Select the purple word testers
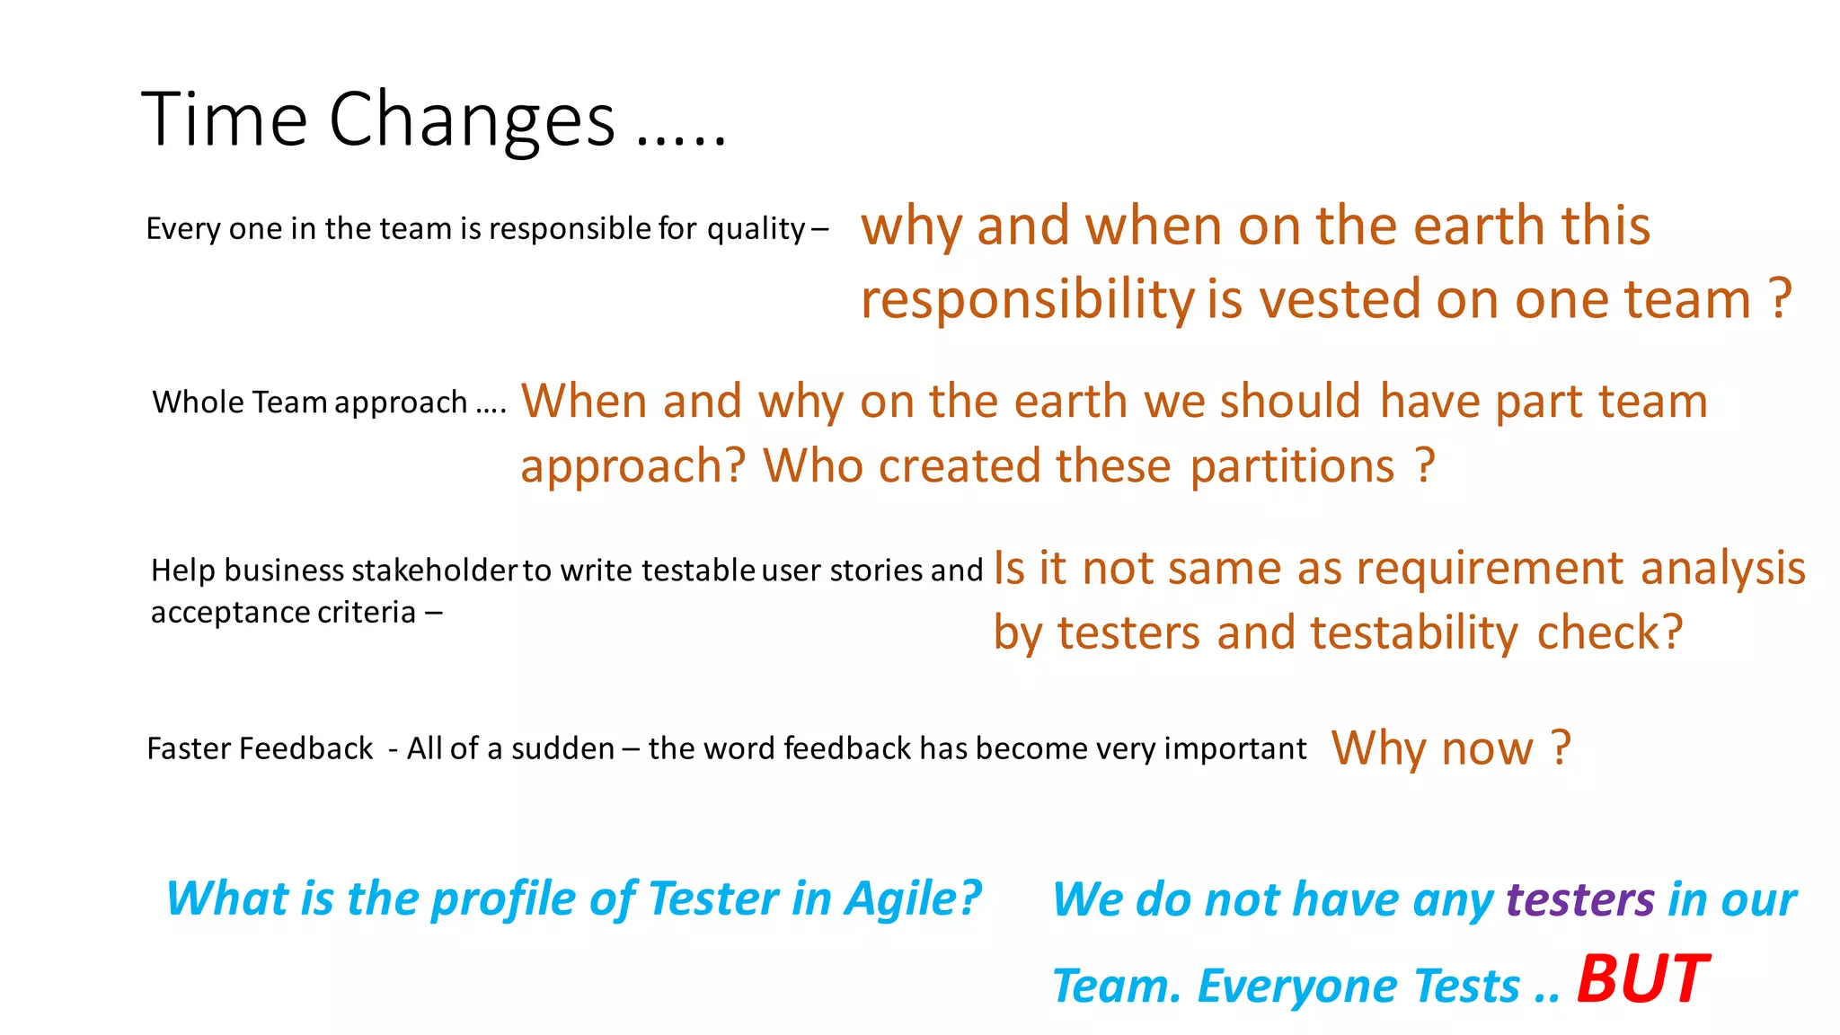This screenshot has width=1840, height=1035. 1579,899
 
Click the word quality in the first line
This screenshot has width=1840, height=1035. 756,229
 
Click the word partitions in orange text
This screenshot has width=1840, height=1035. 1292,466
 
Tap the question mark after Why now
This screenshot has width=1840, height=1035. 1561,747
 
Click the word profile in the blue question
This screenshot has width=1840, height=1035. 504,898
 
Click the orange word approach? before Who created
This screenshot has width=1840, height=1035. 632,466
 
